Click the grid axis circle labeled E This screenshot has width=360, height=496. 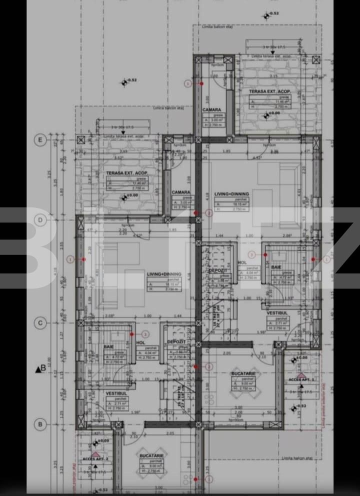point(39,140)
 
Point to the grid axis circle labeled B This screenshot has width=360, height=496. point(39,424)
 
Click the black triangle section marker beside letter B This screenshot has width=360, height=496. point(37,369)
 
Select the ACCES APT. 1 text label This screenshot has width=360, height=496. point(301,380)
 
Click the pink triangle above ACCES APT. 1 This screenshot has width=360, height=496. point(301,374)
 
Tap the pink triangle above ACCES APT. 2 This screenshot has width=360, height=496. point(95,453)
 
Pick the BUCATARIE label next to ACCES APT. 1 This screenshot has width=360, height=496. point(243,373)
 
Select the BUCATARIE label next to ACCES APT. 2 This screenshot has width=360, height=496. point(152,456)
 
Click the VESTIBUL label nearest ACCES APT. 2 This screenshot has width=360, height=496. point(116,393)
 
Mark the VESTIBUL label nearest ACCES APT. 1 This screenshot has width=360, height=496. point(275,313)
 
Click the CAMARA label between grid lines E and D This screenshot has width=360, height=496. point(180,192)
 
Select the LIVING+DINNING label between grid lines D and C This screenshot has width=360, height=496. point(164,274)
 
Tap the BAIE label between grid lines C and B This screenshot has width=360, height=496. point(108,346)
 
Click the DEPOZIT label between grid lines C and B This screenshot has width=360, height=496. point(176,341)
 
